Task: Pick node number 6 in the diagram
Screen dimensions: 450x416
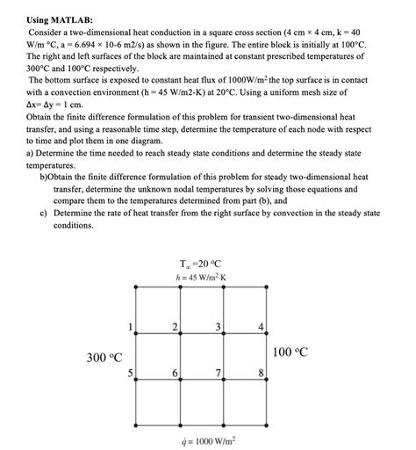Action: [x=175, y=373]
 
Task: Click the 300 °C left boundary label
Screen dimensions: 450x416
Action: [x=104, y=357]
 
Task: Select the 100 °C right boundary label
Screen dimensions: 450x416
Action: [x=290, y=352]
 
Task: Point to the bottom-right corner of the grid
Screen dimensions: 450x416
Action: [x=266, y=424]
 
